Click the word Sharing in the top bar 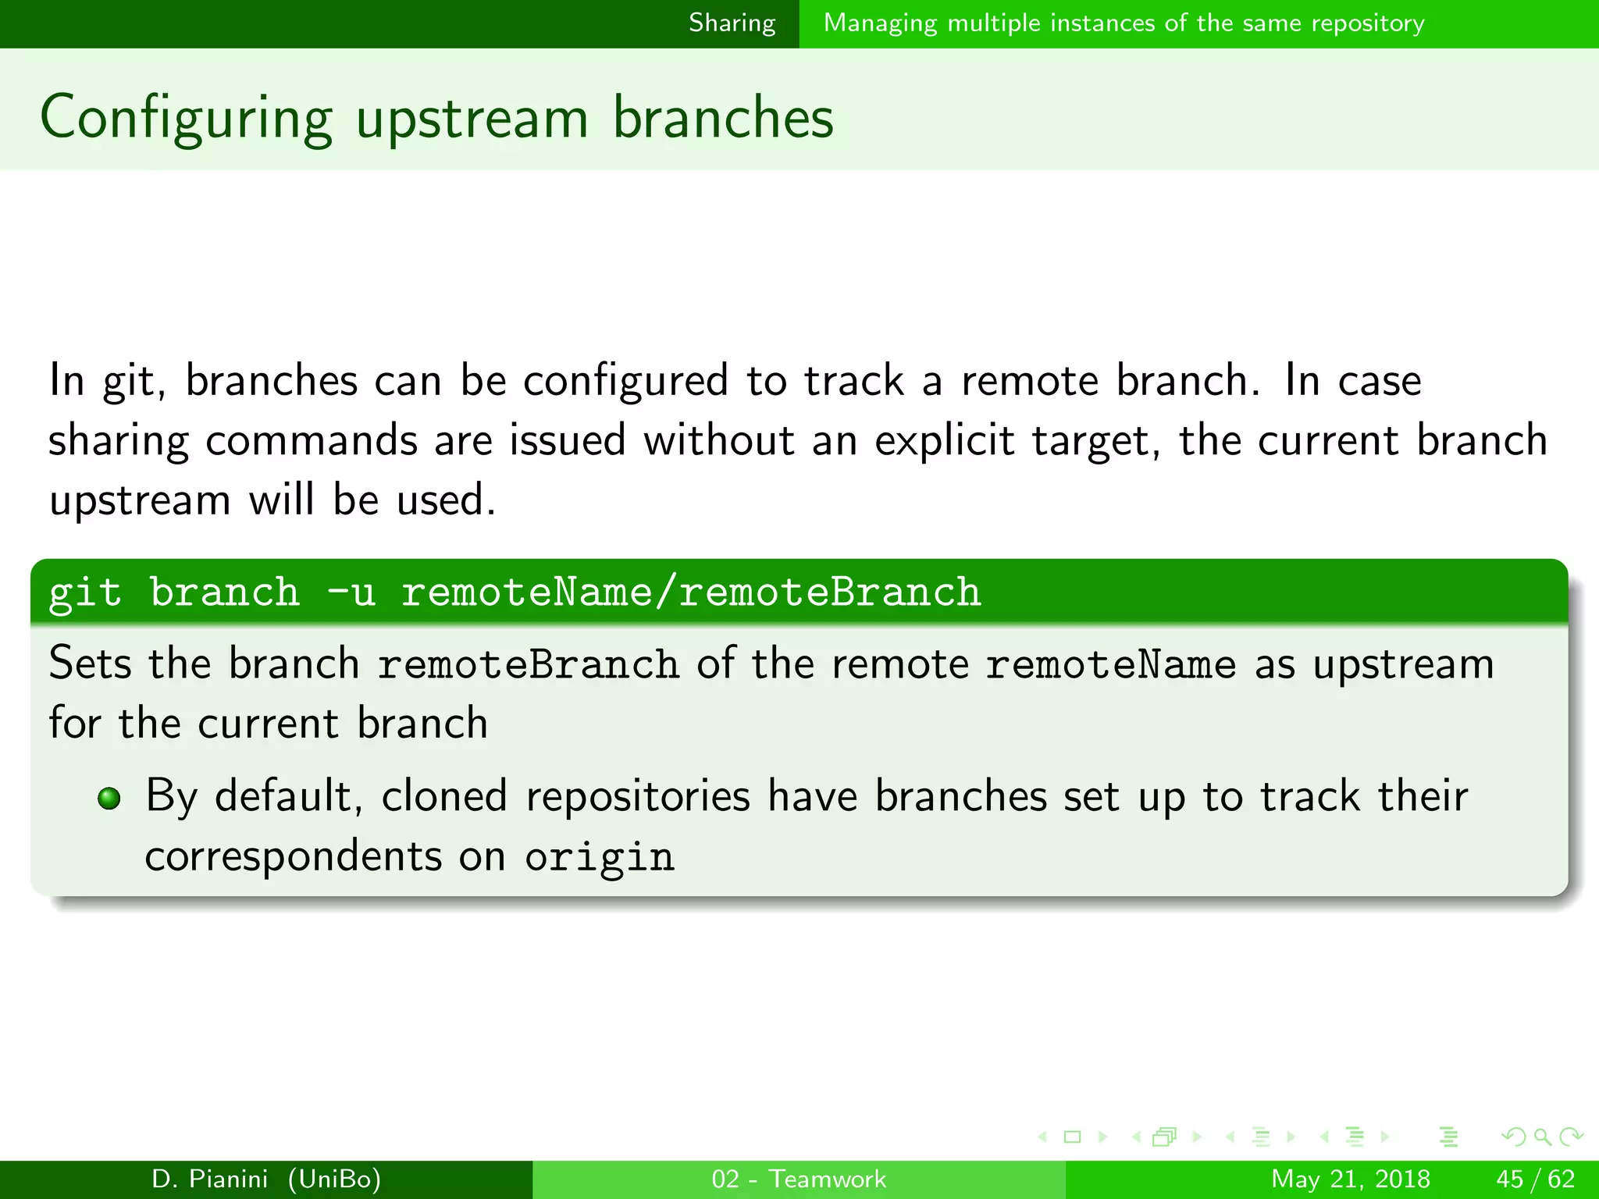732,23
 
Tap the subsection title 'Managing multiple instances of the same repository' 1124,23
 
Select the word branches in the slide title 723,119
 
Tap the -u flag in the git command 351,592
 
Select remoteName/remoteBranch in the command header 690,592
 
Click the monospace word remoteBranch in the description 528,665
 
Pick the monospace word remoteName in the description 1110,665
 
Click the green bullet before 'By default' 109,799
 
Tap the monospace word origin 599,858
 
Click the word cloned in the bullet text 444,797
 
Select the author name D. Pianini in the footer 209,1179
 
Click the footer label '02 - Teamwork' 799,1179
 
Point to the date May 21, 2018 1350,1179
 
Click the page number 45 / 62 1535,1179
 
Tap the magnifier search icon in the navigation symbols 1542,1137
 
